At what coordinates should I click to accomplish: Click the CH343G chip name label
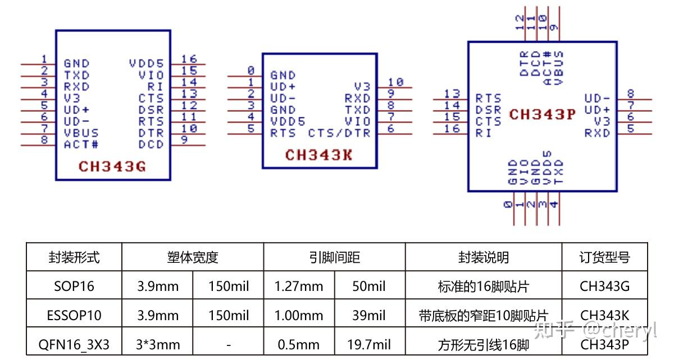click(112, 166)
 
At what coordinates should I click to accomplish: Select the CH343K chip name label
click(319, 154)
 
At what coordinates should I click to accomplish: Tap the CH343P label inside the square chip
click(542, 115)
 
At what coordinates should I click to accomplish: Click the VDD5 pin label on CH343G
click(146, 63)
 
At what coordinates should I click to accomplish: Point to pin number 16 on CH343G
click(189, 59)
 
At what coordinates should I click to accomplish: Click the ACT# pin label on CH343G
click(81, 144)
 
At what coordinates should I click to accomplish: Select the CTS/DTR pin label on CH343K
click(339, 133)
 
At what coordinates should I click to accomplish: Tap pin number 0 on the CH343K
click(251, 70)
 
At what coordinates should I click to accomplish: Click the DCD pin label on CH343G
click(151, 144)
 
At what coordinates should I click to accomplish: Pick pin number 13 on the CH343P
click(452, 94)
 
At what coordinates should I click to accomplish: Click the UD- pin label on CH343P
click(597, 98)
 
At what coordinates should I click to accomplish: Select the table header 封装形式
click(74, 257)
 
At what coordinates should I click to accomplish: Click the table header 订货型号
click(604, 257)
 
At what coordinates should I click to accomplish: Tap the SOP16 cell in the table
click(74, 286)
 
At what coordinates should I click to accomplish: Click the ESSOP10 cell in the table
click(74, 315)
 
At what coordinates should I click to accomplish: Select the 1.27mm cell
click(299, 286)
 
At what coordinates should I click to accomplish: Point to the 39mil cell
click(369, 315)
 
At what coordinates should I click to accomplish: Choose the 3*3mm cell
click(158, 344)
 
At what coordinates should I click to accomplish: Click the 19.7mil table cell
click(369, 344)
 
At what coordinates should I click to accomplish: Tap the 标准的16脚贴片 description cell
click(483, 286)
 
